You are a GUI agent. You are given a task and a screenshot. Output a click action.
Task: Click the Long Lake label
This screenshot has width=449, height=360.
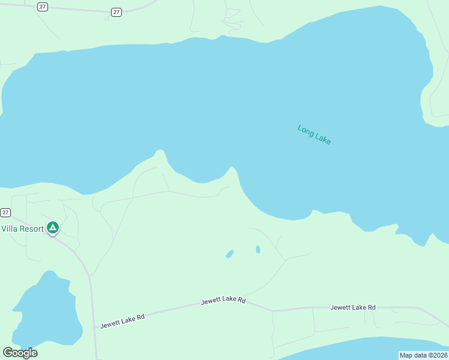click(314, 134)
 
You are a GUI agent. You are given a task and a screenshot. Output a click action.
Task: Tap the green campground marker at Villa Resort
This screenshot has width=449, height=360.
click(53, 228)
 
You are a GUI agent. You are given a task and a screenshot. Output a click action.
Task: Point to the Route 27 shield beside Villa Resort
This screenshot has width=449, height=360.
click(5, 212)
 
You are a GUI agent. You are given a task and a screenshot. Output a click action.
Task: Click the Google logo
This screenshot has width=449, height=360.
click(20, 353)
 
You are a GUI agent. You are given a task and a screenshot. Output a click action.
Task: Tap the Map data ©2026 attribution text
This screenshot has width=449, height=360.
click(423, 355)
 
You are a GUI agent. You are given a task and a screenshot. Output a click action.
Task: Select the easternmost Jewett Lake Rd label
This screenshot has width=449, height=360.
click(353, 307)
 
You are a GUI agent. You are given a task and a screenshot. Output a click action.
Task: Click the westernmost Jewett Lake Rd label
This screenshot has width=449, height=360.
click(122, 321)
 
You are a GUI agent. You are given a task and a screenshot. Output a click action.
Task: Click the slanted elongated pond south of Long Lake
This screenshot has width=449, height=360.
click(229, 254)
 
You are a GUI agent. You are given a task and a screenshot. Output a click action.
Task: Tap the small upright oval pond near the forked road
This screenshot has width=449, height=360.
click(258, 249)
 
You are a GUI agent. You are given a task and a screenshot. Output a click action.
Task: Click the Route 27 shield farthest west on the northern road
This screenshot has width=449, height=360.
click(42, 6)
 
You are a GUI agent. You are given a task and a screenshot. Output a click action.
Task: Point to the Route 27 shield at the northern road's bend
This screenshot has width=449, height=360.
click(116, 12)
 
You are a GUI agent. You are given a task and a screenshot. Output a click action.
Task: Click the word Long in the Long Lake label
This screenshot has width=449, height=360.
click(306, 130)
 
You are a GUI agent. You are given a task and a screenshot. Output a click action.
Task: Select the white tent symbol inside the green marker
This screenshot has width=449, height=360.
click(53, 227)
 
